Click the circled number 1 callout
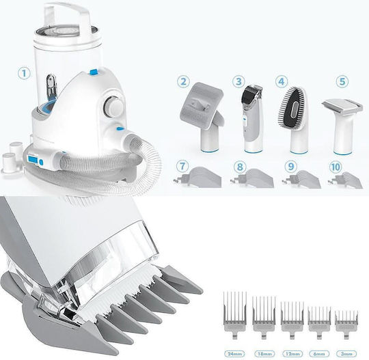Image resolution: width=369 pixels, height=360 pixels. tap(24, 73)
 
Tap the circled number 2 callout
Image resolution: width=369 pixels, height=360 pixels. tap(183, 82)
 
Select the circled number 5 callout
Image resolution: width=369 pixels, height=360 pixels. tap(342, 82)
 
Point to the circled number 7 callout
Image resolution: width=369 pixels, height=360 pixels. tap(182, 167)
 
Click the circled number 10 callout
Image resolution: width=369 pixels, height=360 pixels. tap(335, 167)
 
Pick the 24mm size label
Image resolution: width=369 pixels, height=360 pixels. tap(234, 354)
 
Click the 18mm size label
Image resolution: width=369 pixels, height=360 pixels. tap(264, 354)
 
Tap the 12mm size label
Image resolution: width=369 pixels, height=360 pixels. tap(292, 354)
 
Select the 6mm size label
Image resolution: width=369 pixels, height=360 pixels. tap(319, 354)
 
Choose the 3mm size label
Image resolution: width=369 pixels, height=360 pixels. tap(346, 354)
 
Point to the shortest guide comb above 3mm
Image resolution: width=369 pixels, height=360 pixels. tap(346, 324)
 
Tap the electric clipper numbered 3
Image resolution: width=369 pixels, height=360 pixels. tap(251, 119)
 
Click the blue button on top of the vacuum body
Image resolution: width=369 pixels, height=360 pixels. tap(94, 72)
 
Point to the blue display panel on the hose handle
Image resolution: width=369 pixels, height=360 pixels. tap(33, 160)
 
